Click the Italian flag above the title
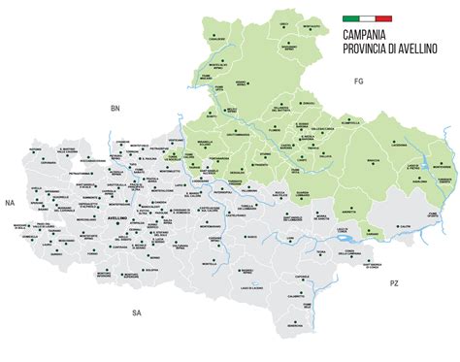tap(367, 18)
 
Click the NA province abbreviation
tap(10, 203)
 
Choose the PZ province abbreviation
tap(393, 283)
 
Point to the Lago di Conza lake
tap(345, 236)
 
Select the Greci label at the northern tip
tap(284, 24)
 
